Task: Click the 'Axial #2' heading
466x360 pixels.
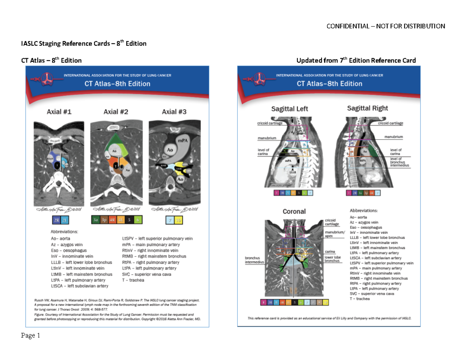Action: pos(116,112)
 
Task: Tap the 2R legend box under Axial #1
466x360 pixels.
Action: pos(56,221)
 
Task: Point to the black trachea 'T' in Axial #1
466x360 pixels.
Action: pos(58,165)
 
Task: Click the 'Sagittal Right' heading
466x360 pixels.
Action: pos(367,108)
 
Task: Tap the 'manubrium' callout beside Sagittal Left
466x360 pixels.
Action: pos(266,138)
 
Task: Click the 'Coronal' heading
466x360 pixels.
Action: pos(294,212)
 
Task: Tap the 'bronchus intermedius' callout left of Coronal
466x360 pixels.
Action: pos(254,260)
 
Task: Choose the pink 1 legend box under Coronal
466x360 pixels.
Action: pos(264,302)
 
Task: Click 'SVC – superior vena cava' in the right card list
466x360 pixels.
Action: pos(372,294)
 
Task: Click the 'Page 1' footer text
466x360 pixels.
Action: pos(31,336)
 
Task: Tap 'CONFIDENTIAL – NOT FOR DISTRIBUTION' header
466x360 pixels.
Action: pos(385,26)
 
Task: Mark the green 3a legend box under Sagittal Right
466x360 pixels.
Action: pos(361,193)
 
